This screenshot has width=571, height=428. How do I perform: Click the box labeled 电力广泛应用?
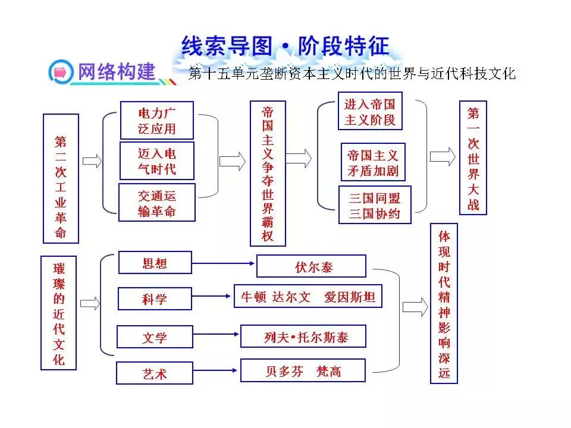(x=156, y=121)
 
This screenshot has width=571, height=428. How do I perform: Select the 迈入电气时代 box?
(x=157, y=161)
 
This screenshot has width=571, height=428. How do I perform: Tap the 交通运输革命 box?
(x=157, y=203)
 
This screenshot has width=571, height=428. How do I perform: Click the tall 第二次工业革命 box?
(x=61, y=178)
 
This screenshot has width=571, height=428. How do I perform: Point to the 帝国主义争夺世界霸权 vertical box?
(x=268, y=174)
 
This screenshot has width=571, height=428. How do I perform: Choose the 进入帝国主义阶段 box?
(x=370, y=111)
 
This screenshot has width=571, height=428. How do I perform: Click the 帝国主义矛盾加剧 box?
(x=373, y=162)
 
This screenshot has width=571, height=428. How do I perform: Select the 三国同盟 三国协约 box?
(x=375, y=205)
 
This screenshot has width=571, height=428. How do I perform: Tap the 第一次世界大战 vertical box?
(x=473, y=158)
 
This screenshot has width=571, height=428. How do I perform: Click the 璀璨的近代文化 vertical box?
(x=59, y=313)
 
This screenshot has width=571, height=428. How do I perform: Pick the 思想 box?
(x=155, y=262)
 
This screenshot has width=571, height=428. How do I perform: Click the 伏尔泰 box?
(x=311, y=266)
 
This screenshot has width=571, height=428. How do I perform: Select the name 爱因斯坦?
(x=350, y=297)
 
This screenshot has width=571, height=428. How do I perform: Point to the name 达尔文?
(x=291, y=297)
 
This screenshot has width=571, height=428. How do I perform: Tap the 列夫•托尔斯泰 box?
(x=303, y=336)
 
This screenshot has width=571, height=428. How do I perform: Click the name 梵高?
(x=329, y=371)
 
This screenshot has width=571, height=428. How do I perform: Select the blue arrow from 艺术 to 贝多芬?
(x=215, y=370)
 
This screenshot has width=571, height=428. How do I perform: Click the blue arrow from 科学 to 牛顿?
(x=212, y=296)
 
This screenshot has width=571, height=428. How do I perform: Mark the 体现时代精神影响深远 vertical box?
(x=444, y=304)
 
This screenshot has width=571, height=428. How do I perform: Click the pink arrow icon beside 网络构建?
(x=61, y=72)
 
